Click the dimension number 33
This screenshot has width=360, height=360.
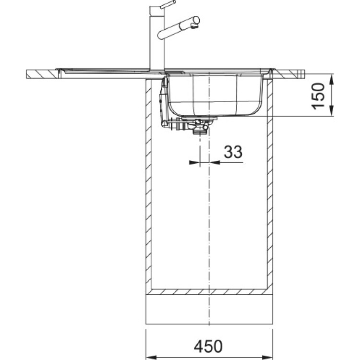click(233, 152)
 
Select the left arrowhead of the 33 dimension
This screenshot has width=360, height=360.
click(194, 163)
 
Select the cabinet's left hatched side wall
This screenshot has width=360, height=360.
click(149, 192)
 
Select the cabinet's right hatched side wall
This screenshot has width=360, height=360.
click(270, 192)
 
